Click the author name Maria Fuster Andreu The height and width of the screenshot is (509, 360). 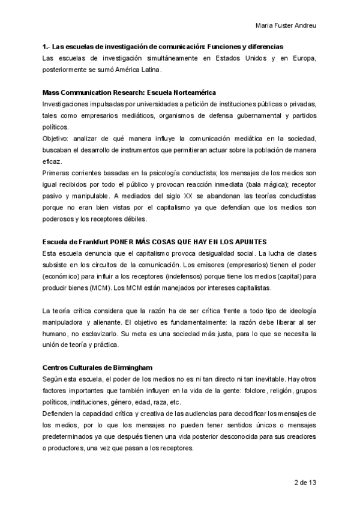click(x=286, y=26)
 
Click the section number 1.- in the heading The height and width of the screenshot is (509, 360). click(x=46, y=46)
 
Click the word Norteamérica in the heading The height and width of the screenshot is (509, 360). click(x=187, y=92)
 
